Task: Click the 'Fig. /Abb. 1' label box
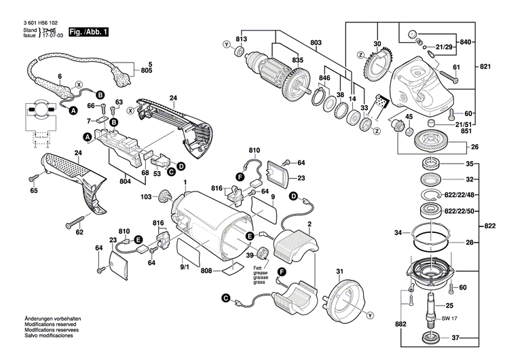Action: click(x=88, y=32)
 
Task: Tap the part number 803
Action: click(x=316, y=43)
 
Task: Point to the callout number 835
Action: click(x=298, y=60)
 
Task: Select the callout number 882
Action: click(x=402, y=325)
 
